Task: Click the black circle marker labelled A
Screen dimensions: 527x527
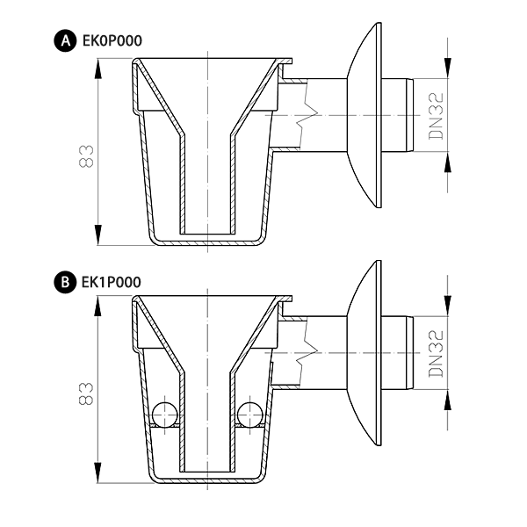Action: point(65,41)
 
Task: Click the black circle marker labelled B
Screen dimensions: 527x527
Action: point(65,282)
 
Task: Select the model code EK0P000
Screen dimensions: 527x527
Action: point(112,41)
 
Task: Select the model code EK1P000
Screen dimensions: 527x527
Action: point(112,282)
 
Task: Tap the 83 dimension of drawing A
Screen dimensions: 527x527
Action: point(86,156)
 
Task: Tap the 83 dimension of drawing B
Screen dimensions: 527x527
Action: point(86,393)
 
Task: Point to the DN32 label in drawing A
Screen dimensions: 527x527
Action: point(436,116)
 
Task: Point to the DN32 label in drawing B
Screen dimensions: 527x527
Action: point(436,354)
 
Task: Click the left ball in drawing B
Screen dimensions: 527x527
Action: point(165,414)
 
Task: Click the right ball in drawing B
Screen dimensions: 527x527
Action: point(249,414)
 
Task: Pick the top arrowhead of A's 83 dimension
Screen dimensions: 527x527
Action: point(97,69)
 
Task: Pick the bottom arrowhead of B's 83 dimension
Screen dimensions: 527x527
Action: point(97,473)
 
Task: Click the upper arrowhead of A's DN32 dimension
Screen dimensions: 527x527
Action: point(448,68)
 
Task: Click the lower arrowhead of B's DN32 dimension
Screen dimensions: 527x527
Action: point(448,400)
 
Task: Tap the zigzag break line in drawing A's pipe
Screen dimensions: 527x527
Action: point(307,115)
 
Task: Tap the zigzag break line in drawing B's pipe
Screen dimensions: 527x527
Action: point(307,353)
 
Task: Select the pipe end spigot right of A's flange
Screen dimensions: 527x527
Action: point(398,115)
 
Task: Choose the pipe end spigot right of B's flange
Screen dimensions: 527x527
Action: point(398,353)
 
